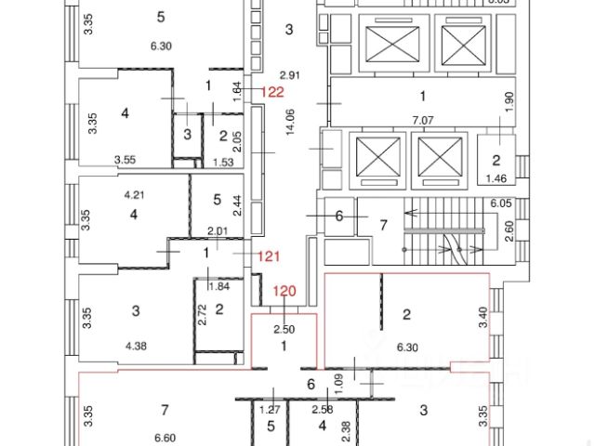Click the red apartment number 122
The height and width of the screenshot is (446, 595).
[x=273, y=91]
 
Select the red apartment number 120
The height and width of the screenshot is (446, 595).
[x=284, y=292]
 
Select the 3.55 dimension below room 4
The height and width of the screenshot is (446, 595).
[x=125, y=160]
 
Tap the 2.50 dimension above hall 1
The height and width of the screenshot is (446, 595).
[x=284, y=328]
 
